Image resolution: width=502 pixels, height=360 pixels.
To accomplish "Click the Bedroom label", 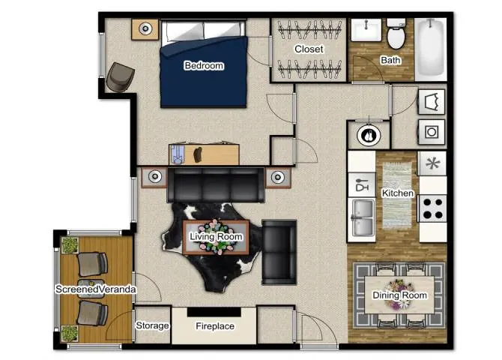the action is (x=204, y=66).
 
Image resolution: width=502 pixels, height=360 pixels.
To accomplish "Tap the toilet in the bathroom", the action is (x=396, y=34).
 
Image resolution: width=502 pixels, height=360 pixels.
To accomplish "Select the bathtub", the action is (x=431, y=49).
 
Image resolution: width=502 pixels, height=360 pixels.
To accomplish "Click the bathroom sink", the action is (x=366, y=30).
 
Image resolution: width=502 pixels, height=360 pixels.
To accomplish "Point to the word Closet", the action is (x=309, y=49).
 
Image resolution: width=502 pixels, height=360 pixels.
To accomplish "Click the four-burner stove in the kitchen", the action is (x=432, y=208).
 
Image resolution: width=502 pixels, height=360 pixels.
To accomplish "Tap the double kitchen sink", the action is (x=362, y=217).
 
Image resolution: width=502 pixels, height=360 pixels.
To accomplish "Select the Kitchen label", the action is (x=398, y=193).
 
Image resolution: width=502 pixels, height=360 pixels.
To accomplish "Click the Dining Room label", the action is (x=399, y=295).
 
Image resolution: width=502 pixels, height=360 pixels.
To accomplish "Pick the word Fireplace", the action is (x=215, y=326).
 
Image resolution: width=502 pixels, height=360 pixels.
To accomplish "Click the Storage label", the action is (x=152, y=325).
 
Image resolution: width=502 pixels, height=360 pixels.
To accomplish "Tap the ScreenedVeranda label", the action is (x=96, y=289).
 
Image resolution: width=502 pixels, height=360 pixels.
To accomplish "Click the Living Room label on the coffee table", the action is (x=216, y=236).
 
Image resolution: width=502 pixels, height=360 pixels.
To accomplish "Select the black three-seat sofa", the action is (x=216, y=185).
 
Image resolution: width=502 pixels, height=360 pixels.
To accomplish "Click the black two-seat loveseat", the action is (x=279, y=252).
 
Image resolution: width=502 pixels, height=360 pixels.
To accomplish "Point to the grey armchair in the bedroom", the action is (x=120, y=77).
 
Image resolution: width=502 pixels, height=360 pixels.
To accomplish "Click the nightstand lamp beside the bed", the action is (x=145, y=28).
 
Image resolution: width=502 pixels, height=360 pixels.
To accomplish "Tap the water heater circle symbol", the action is (x=369, y=135).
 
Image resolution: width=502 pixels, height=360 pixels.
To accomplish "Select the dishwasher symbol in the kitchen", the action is (x=362, y=185).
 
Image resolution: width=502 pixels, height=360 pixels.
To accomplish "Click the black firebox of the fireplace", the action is (x=214, y=312).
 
